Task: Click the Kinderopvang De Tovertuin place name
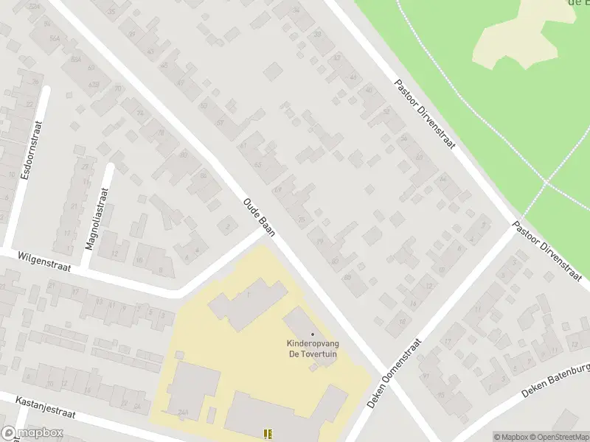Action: (x=312, y=348)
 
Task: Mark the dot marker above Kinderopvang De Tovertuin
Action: (x=312, y=335)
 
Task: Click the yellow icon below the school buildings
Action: (x=268, y=435)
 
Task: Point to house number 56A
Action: (x=53, y=39)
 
